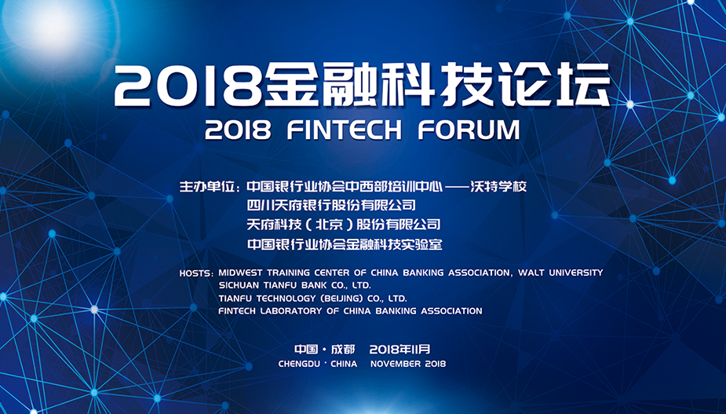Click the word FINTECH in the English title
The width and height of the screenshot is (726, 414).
click(x=344, y=130)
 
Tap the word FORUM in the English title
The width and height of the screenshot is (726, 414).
click(x=469, y=130)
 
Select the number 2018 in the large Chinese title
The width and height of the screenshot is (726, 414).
click(x=188, y=86)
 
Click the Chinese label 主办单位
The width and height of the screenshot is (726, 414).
click(x=207, y=187)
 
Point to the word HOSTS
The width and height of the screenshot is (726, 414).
click(x=195, y=273)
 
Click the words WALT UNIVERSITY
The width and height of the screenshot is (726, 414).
click(x=560, y=273)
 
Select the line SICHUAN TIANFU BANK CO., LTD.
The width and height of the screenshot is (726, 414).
click(x=295, y=285)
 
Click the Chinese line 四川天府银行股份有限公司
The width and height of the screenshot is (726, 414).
click(x=331, y=205)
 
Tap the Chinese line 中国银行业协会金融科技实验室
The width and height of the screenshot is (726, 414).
click(x=345, y=244)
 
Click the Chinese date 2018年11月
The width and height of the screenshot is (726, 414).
click(x=400, y=349)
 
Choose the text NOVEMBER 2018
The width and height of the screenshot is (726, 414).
click(x=408, y=364)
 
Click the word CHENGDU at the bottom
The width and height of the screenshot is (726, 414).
click(x=299, y=364)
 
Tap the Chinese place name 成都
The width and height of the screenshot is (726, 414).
click(x=343, y=349)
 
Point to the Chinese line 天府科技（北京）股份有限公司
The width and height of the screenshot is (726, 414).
click(x=344, y=225)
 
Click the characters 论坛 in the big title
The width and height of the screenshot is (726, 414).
click(x=557, y=84)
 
